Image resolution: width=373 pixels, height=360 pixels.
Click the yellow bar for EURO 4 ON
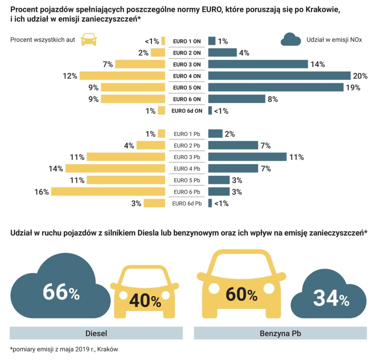click(x=122, y=76)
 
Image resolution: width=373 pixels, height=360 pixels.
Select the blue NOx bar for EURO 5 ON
click(x=276, y=88)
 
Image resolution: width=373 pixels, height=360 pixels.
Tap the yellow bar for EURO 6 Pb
click(x=108, y=191)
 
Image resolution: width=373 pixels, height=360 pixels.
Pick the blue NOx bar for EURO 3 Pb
click(x=247, y=157)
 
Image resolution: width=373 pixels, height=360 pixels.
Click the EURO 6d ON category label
click(x=187, y=111)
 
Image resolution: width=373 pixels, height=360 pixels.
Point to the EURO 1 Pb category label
click(x=187, y=134)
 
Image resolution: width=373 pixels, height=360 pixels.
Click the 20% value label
click(x=360, y=76)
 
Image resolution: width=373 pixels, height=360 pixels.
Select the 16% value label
click(x=42, y=192)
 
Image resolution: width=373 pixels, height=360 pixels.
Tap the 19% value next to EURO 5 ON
click(x=353, y=88)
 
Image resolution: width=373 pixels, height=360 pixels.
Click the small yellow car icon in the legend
click(x=89, y=39)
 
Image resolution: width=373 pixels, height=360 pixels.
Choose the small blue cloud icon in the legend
click(x=291, y=39)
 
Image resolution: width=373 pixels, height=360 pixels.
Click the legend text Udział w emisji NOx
click(x=334, y=40)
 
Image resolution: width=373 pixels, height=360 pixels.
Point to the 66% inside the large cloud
click(x=61, y=293)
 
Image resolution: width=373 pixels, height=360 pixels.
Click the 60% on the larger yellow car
click(x=242, y=294)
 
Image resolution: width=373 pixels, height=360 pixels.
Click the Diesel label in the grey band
click(x=96, y=333)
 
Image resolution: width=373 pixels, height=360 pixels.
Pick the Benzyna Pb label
click(x=280, y=333)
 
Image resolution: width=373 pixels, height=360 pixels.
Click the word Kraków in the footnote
click(x=109, y=349)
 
